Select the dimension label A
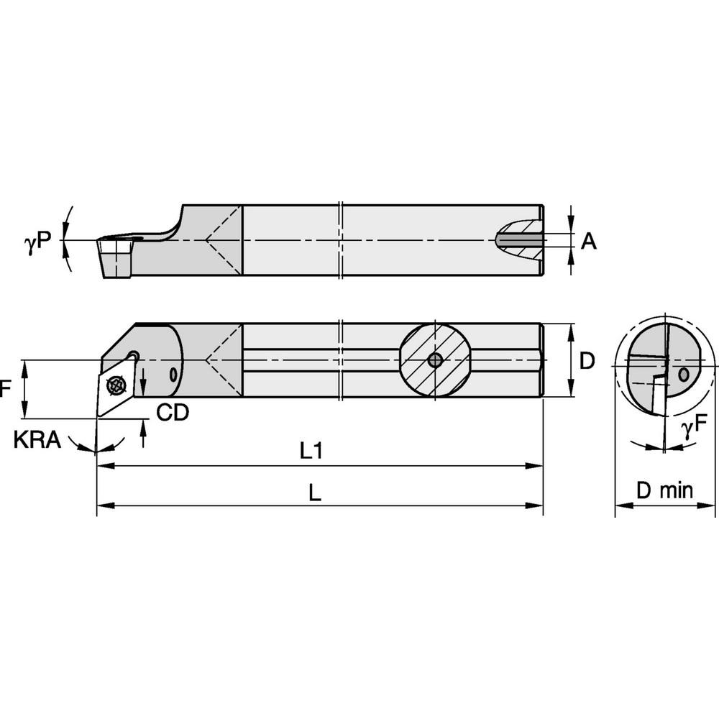coord(588,242)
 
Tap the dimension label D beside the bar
coord(587,361)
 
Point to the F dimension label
coord(6,390)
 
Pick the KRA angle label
coord(37,441)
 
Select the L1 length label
coord(311,452)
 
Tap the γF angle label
coord(695,429)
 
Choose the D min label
coord(665,491)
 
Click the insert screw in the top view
coord(114,385)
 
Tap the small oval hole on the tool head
coord(173,372)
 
